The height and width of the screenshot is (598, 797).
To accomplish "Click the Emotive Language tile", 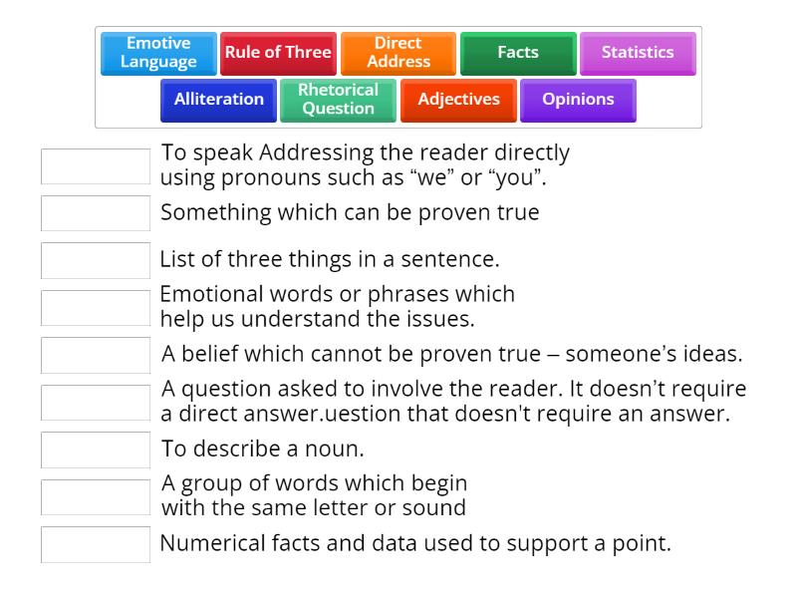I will tap(158, 53).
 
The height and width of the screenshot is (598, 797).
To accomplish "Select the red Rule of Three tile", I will tap(278, 53).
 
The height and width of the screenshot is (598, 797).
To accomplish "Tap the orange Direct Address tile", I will tap(398, 53).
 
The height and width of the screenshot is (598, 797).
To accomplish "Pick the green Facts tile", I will tap(518, 53).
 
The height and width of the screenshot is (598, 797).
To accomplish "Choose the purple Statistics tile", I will tap(638, 53).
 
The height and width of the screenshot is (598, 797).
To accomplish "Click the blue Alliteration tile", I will tap(219, 100).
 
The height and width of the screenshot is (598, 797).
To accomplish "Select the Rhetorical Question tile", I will tap(338, 100).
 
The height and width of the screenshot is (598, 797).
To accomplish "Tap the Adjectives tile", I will tap(458, 100).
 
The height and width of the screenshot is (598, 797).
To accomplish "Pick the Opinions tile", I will tap(578, 100).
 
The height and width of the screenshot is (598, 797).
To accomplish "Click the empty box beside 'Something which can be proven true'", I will tap(96, 213).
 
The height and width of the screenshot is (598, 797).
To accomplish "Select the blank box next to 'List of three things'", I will tap(96, 260).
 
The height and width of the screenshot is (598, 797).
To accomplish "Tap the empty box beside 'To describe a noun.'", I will tap(96, 449).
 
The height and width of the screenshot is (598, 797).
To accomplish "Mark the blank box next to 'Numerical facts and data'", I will tap(96, 544).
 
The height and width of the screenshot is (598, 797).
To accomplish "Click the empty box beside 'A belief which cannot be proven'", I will tap(96, 355).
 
